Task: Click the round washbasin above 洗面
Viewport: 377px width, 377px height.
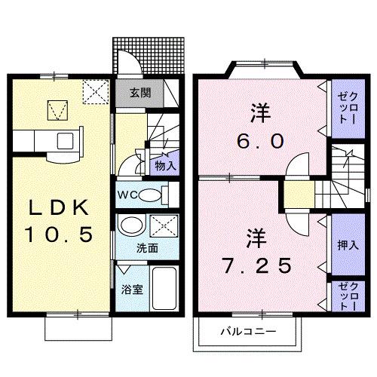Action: [x=132, y=227]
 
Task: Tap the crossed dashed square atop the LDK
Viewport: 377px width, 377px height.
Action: [x=94, y=93]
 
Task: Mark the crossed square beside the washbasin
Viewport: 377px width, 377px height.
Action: [x=161, y=227]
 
